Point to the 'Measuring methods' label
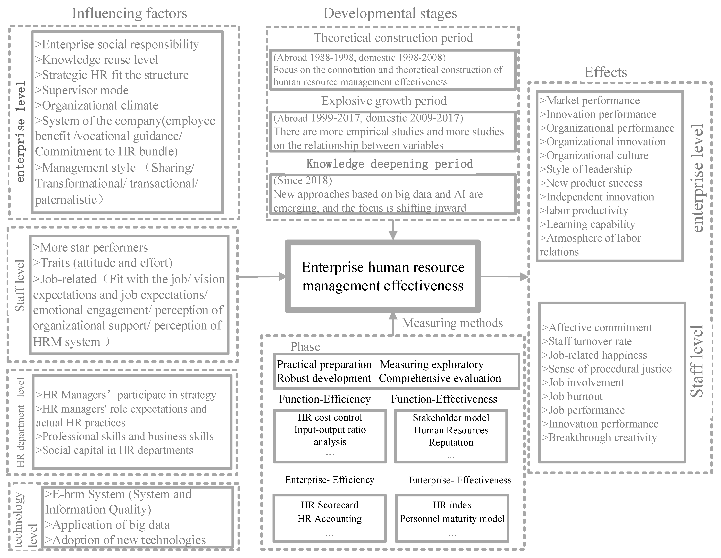(x=452, y=323)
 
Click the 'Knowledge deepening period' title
(x=390, y=164)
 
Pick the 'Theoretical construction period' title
(x=393, y=38)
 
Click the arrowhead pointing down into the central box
(x=393, y=235)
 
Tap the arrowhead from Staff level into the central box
(x=282, y=276)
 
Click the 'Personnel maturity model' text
(x=452, y=519)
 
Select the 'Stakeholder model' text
(x=451, y=418)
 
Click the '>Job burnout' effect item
(x=572, y=396)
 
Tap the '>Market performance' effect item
(x=589, y=100)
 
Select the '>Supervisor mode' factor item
(x=82, y=90)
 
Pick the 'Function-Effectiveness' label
(x=444, y=399)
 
